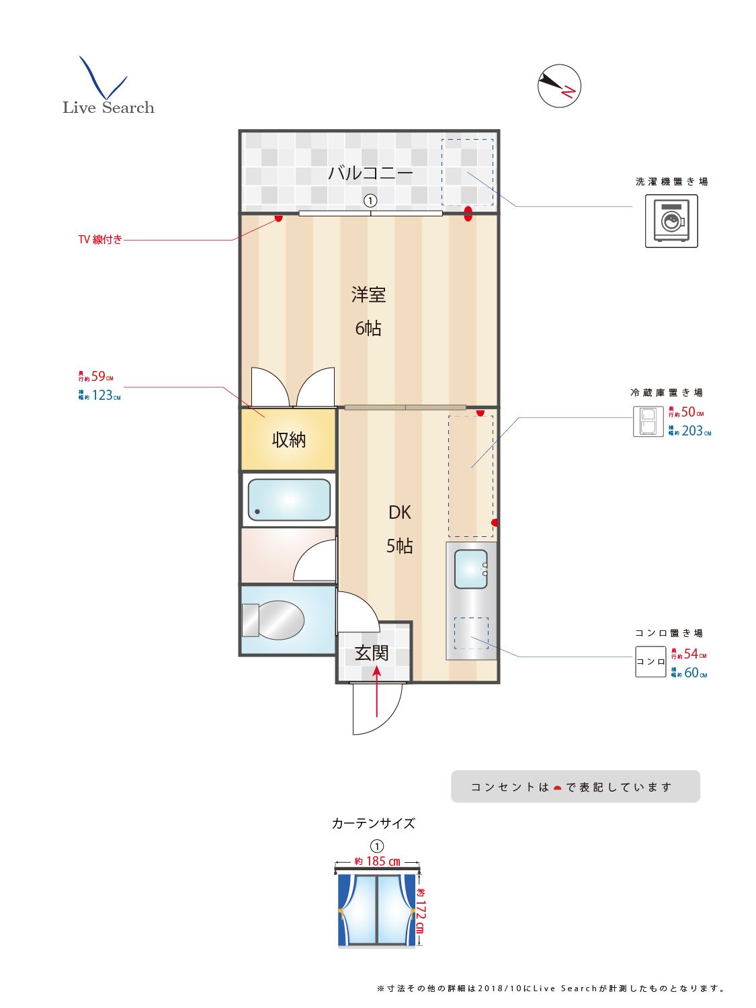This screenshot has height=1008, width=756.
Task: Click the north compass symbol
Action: point(559,86)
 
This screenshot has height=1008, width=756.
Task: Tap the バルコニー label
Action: point(370,173)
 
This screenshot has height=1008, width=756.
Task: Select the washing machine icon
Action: point(671,221)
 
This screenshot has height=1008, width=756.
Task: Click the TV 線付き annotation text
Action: point(100,240)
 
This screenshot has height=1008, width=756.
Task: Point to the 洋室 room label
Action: point(368,295)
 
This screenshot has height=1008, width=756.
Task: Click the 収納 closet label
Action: point(289,440)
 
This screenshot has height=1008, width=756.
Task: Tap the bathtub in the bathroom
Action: point(289,500)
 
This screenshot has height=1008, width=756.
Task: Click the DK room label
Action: point(399,513)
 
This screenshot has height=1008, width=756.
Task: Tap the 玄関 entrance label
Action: point(372,653)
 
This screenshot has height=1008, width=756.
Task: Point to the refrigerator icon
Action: point(648,422)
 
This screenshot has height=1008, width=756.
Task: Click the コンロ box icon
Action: point(650,662)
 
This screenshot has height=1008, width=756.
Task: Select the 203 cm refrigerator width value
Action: point(692,431)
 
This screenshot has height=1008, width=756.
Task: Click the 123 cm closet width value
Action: point(102,396)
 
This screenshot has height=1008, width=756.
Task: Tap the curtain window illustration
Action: point(376,909)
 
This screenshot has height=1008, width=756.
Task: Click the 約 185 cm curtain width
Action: point(378,862)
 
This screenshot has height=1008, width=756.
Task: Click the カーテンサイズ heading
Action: point(373,824)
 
